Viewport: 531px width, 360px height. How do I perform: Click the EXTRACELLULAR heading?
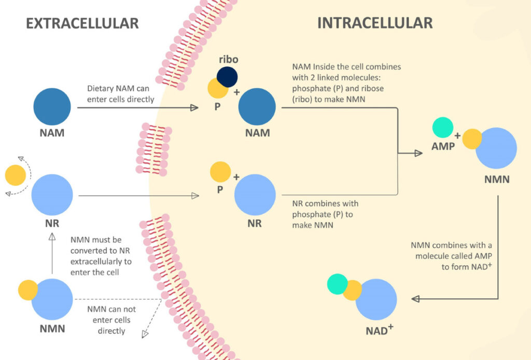tap(82, 23)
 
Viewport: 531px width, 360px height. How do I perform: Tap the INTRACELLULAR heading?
tap(374, 23)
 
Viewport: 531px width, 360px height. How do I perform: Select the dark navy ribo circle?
tap(227, 76)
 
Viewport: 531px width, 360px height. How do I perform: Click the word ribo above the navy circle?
tap(228, 59)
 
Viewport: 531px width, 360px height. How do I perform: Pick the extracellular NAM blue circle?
tap(52, 107)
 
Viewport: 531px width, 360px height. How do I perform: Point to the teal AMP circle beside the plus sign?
tap(442, 127)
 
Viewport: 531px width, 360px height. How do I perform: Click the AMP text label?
tap(443, 146)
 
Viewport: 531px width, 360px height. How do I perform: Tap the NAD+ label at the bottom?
tap(380, 329)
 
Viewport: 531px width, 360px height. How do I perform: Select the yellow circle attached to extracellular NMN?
tap(27, 290)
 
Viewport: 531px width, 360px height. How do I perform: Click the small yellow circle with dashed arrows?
tap(16, 175)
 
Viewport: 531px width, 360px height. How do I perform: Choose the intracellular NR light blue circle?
tap(255, 195)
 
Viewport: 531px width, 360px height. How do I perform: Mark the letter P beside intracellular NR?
tap(220, 189)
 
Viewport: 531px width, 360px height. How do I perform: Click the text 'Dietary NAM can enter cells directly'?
tap(120, 94)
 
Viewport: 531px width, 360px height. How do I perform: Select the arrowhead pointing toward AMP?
tap(418, 154)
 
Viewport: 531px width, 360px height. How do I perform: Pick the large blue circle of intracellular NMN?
tap(496, 148)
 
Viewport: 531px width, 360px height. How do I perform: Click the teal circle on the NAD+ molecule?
tap(337, 285)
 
